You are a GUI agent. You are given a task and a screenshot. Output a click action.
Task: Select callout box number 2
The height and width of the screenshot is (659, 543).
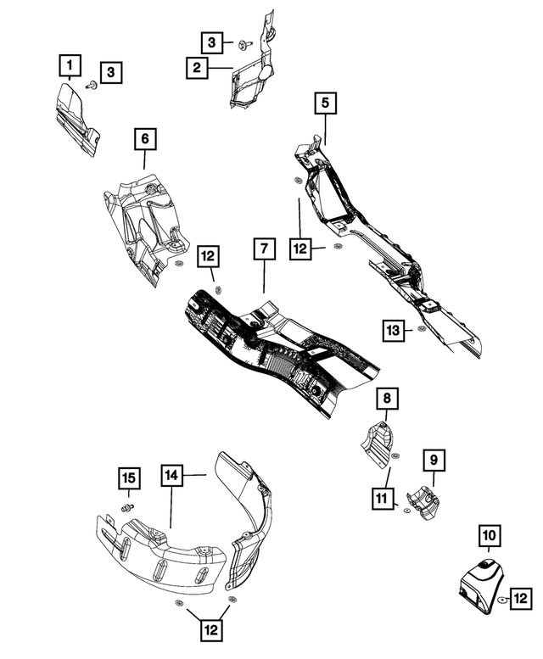click(x=196, y=67)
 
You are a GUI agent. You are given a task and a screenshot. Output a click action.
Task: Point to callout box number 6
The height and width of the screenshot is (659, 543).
click(x=144, y=138)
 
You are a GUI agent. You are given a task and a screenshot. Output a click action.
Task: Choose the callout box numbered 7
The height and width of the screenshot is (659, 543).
click(x=264, y=249)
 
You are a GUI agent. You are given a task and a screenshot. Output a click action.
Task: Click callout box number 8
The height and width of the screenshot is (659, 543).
click(x=385, y=398)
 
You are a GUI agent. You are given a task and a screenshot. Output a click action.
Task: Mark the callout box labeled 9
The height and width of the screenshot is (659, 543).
click(x=432, y=460)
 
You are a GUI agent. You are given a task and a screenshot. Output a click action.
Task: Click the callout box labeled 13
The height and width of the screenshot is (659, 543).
click(x=391, y=330)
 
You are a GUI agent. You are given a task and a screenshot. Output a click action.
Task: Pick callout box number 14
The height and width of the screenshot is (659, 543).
click(x=173, y=477)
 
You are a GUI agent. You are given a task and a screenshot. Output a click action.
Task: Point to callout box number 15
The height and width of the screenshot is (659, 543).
click(x=127, y=480)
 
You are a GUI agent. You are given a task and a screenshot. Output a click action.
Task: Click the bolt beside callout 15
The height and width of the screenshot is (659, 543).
click(x=128, y=507)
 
